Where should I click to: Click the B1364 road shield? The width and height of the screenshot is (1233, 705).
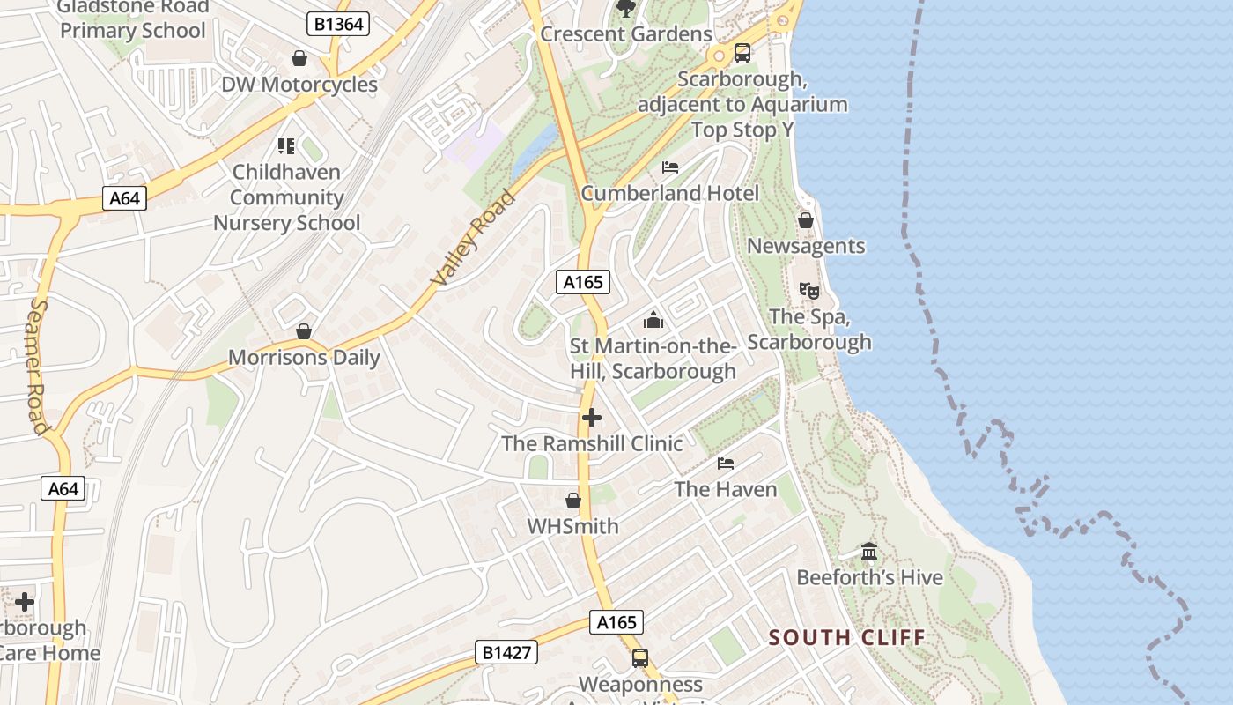point(338,24)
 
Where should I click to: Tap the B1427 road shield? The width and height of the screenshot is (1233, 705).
point(506,652)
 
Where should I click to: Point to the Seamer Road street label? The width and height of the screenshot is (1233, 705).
point(37,366)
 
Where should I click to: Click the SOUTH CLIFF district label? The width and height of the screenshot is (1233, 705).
point(846,637)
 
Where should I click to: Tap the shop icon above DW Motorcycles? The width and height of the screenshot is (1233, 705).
point(299,58)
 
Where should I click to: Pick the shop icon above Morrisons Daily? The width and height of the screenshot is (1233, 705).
point(304,331)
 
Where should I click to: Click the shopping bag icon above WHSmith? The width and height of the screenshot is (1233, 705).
point(573,501)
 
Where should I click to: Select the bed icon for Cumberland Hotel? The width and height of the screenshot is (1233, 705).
point(670,167)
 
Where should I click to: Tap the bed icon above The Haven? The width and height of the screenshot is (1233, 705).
point(726,463)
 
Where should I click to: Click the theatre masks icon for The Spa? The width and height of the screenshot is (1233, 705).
point(808,289)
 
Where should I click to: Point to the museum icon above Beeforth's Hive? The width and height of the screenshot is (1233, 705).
point(869,552)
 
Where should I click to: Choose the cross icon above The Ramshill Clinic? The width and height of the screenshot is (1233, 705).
point(592,418)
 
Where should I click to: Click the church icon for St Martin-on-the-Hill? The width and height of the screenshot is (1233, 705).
point(653,319)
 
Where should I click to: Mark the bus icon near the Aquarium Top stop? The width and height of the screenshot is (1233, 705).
point(742,53)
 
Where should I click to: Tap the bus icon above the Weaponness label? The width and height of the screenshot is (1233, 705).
point(640,658)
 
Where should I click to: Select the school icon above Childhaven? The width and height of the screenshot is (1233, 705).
point(286,145)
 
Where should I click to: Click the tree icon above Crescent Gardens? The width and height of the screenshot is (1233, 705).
point(626,9)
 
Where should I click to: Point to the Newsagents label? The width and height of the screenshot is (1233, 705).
point(806,246)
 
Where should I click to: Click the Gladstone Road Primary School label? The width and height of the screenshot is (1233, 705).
point(133,19)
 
